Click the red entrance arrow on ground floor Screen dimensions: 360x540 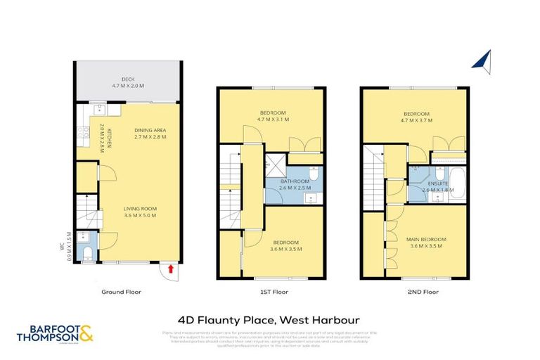pyautogui.click(x=169, y=269)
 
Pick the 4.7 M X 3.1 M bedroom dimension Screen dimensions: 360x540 pyautogui.click(x=273, y=120)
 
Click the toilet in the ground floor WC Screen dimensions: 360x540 pyautogui.click(x=84, y=254)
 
